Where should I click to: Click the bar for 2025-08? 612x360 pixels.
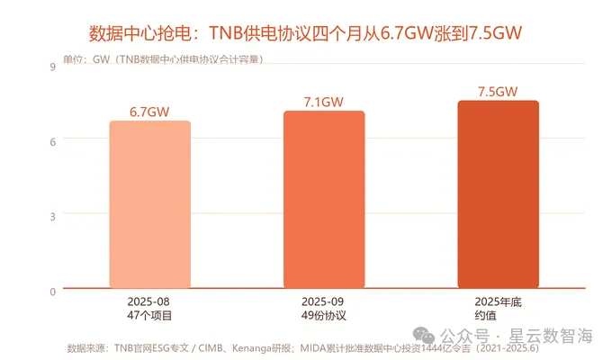point(150,204)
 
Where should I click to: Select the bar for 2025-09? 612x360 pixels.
point(324,199)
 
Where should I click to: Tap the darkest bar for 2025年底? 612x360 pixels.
point(498,194)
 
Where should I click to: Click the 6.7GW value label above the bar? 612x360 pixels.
point(149,112)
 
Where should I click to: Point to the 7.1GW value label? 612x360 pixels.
point(324,102)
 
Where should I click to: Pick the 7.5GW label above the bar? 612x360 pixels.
point(498,92)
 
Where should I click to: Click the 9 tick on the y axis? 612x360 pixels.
point(53,67)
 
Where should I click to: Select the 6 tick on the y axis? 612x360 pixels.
point(53,141)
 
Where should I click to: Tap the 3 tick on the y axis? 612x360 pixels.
point(53,217)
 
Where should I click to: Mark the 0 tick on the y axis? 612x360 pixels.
point(53,292)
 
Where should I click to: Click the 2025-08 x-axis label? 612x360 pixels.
point(148,301)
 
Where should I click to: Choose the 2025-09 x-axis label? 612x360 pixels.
point(322,301)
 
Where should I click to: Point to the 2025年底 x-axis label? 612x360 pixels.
point(498,301)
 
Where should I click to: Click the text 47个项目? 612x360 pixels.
point(149,315)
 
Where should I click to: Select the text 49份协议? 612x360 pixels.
point(324,315)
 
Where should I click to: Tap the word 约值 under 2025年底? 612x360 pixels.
point(485,315)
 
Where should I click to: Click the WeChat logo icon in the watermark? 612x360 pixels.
point(424,336)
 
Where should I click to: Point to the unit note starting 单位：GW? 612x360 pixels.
point(163,59)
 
